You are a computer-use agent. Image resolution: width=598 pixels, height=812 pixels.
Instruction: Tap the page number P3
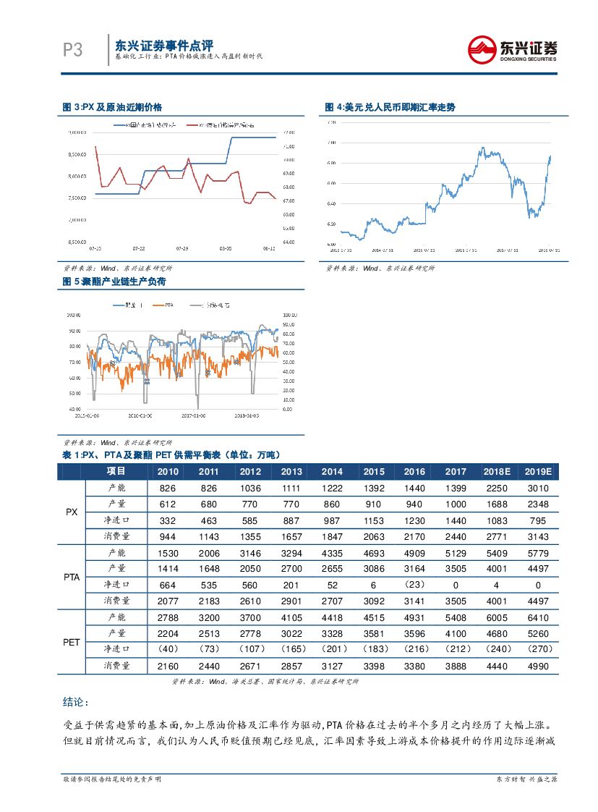[x=72, y=50]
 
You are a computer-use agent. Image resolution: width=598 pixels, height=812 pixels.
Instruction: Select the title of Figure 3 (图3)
[x=112, y=107]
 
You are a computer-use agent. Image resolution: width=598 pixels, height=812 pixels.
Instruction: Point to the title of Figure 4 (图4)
[x=390, y=107]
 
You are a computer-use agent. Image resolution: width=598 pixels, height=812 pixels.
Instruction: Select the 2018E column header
[x=497, y=471]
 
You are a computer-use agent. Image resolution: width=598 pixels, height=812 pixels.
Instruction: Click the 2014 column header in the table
[x=332, y=471]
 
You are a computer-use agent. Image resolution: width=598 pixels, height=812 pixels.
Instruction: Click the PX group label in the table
[x=72, y=512]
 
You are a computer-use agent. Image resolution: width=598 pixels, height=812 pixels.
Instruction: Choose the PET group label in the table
[x=72, y=641]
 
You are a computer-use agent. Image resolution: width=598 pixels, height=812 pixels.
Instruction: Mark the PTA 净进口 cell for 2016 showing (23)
[x=414, y=584]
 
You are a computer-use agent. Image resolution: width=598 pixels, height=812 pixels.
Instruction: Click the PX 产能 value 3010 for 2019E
[x=538, y=488]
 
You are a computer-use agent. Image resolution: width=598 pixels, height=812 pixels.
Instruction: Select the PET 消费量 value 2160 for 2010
[x=168, y=666]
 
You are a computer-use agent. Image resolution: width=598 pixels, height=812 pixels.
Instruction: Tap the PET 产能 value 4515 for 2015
[x=374, y=617]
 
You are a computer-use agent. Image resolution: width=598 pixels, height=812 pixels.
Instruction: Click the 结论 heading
[x=76, y=702]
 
